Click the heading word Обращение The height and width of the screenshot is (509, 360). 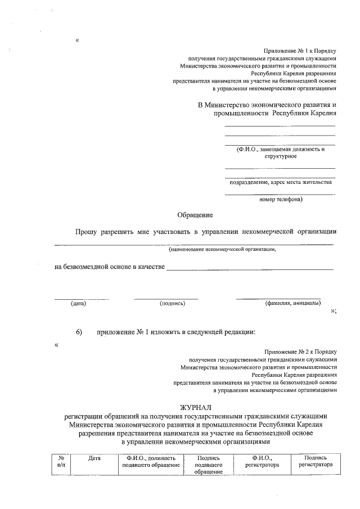(x=195, y=215)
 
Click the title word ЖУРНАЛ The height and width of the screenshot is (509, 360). (x=195, y=406)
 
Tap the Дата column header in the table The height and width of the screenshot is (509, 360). (x=94, y=458)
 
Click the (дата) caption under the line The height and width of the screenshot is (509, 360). (x=78, y=304)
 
